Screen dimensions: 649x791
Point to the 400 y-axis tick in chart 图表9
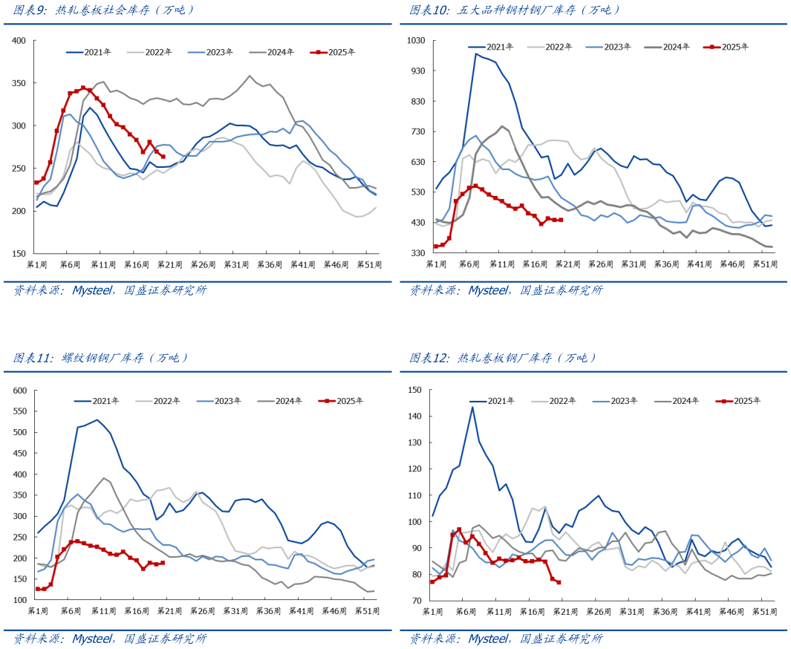pos(19,40)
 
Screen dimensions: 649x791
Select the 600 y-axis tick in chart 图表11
pos(19,391)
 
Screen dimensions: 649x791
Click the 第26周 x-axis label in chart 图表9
pos(201,264)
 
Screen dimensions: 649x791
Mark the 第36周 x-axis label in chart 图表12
pos(665,611)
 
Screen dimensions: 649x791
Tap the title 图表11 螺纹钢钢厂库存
pos(101,358)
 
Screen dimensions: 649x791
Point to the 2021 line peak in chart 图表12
pos(472,407)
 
